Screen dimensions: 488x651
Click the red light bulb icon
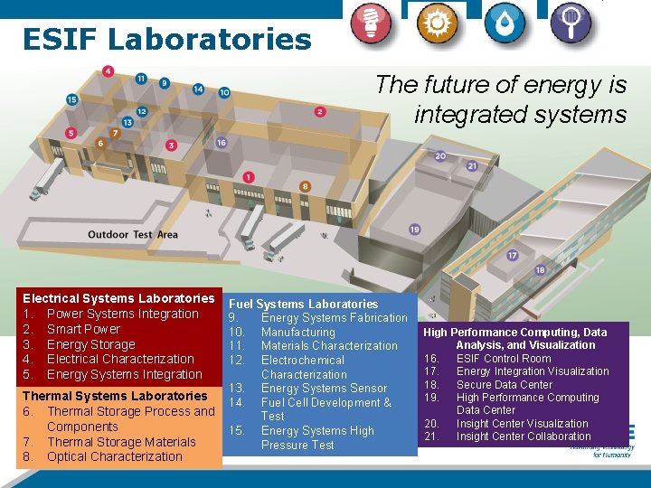(373, 24)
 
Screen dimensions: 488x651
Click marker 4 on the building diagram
(108, 71)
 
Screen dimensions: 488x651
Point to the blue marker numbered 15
(72, 100)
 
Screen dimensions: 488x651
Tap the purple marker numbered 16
(221, 142)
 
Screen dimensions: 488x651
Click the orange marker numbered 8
(305, 187)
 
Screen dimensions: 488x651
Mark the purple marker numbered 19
(415, 230)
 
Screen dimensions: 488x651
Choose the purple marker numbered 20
(440, 156)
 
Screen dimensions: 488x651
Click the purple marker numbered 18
(541, 270)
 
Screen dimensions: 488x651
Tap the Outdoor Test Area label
(133, 235)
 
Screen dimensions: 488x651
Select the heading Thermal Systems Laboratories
(115, 396)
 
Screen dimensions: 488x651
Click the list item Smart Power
(83, 329)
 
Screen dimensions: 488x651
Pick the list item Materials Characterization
(329, 346)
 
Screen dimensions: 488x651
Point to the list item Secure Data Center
(504, 384)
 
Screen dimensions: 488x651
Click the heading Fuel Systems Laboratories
(303, 304)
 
